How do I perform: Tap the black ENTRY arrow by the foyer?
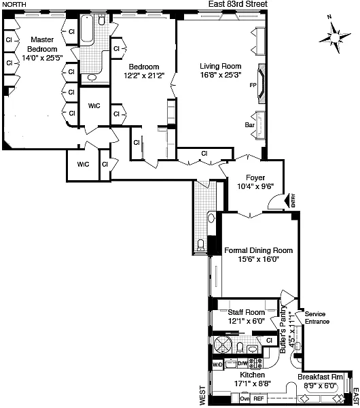point(287,201)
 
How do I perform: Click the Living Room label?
point(221,66)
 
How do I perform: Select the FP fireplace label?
point(253,85)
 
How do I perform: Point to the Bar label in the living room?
point(249,125)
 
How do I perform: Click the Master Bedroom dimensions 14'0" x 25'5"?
point(42,58)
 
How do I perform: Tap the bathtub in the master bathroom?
point(87,29)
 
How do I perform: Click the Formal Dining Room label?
point(258,250)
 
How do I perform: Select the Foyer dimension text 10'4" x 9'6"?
point(255,186)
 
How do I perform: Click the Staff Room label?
point(247,312)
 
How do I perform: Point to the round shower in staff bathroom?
point(223,345)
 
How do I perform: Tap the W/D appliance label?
point(217,364)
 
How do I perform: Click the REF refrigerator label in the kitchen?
point(259,398)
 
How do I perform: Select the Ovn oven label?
point(245,398)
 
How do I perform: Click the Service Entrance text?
point(317,318)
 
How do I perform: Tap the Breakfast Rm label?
point(320,377)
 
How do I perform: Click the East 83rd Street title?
point(238,4)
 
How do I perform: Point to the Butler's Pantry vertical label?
point(283,330)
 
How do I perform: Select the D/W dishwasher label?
point(242,363)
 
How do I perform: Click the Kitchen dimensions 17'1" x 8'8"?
point(253,384)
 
